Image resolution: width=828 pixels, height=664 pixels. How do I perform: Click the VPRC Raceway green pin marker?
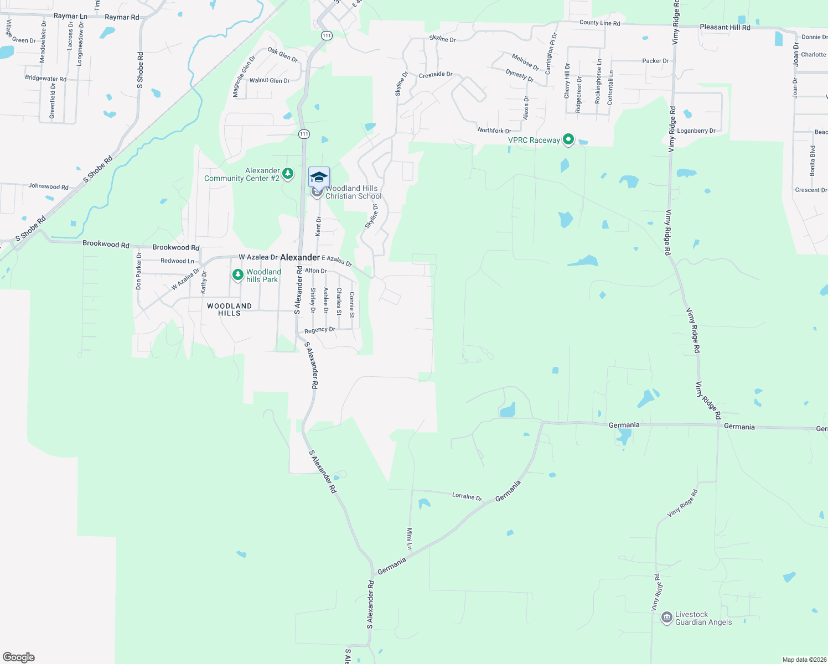pyautogui.click(x=568, y=139)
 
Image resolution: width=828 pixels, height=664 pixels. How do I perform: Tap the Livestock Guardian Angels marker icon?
pyautogui.click(x=666, y=618)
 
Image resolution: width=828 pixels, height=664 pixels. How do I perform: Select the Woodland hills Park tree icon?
pyautogui.click(x=238, y=274)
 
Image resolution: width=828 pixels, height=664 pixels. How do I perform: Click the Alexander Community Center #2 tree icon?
pyautogui.click(x=288, y=174)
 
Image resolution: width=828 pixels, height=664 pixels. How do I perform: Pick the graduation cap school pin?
pyautogui.click(x=319, y=177)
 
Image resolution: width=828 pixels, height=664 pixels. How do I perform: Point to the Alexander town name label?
pyautogui.click(x=300, y=257)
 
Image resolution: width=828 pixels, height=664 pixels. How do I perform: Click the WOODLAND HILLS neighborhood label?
pyautogui.click(x=229, y=309)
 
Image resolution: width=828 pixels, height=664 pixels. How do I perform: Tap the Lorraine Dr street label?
pyautogui.click(x=467, y=496)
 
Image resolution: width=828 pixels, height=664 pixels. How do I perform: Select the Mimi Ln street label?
pyautogui.click(x=410, y=538)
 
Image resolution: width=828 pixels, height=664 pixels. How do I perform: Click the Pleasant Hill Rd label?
pyautogui.click(x=725, y=27)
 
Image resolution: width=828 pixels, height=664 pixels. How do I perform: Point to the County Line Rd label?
pyautogui.click(x=599, y=23)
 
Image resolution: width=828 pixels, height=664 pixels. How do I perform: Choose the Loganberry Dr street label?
pyautogui.click(x=696, y=131)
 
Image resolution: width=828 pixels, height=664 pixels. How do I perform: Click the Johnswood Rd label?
pyautogui.click(x=48, y=186)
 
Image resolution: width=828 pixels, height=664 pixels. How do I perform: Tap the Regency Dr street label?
pyautogui.click(x=319, y=330)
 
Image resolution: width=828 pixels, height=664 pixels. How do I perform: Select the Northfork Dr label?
pyautogui.click(x=494, y=131)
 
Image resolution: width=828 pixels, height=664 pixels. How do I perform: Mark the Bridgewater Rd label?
pyautogui.click(x=45, y=79)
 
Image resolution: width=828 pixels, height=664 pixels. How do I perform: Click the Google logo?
pyautogui.click(x=19, y=657)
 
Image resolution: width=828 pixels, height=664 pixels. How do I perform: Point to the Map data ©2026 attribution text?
pyautogui.click(x=804, y=660)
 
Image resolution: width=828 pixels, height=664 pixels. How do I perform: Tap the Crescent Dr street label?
pyautogui.click(x=811, y=190)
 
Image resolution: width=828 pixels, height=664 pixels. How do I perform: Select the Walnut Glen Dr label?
pyautogui.click(x=270, y=81)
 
